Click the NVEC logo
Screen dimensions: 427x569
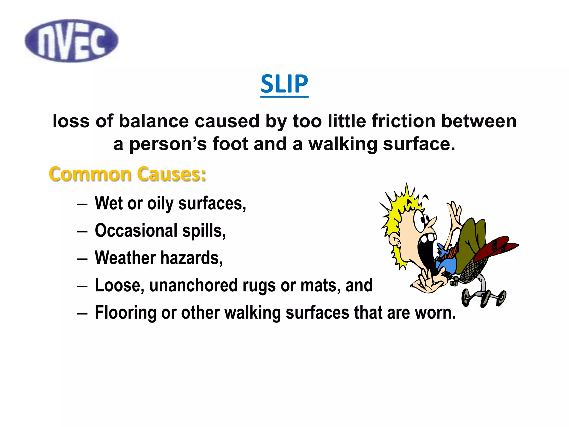click(x=71, y=41)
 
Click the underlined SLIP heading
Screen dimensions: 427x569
click(x=284, y=84)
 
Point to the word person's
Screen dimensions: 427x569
click(x=168, y=144)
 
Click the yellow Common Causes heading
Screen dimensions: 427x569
click(x=127, y=174)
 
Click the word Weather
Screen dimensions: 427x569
click(x=125, y=258)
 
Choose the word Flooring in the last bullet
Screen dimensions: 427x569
click(x=126, y=312)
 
